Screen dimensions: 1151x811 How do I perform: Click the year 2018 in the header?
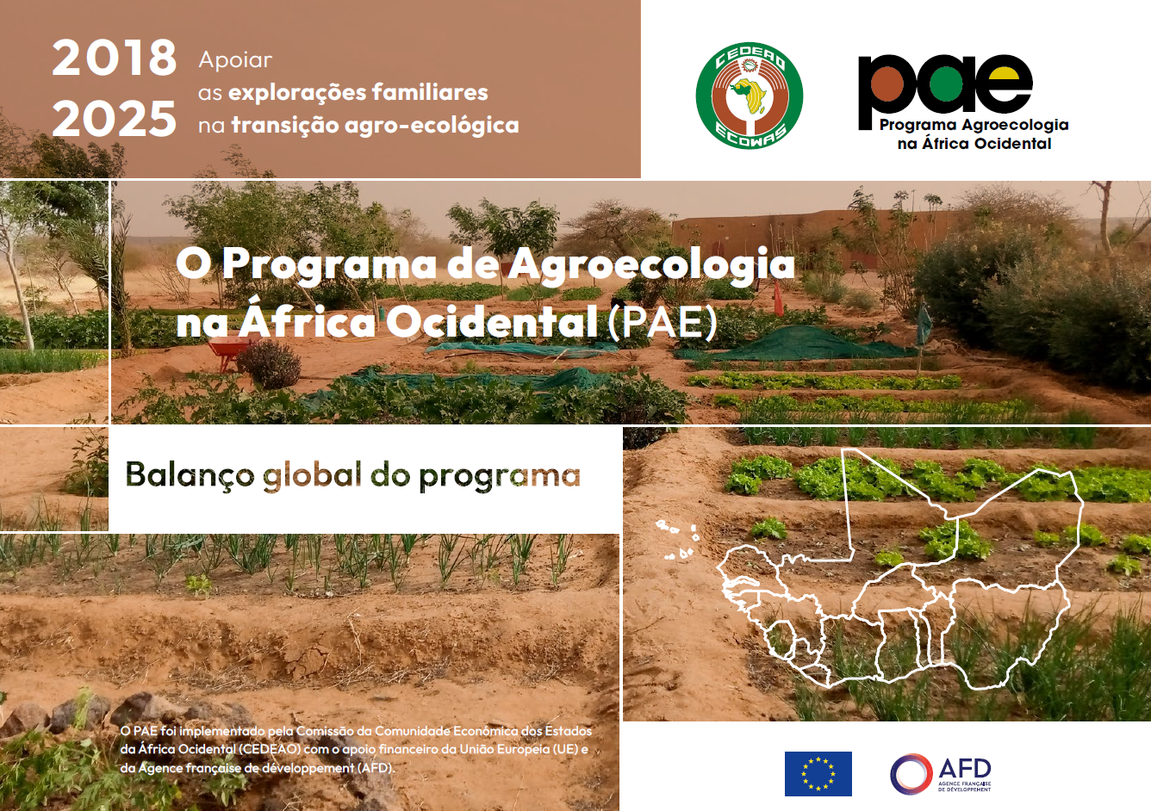pos(114,58)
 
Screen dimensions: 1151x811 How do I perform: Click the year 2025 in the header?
pos(114,119)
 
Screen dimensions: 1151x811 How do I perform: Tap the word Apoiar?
pos(235,60)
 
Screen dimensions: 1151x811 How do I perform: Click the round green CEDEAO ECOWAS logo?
pos(750,96)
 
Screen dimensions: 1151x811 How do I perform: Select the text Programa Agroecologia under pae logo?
pos(974,125)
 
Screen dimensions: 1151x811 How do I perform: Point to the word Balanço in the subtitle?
pos(190,474)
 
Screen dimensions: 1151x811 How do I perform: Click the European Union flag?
pos(818,773)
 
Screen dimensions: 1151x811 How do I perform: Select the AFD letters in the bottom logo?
pos(964,768)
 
